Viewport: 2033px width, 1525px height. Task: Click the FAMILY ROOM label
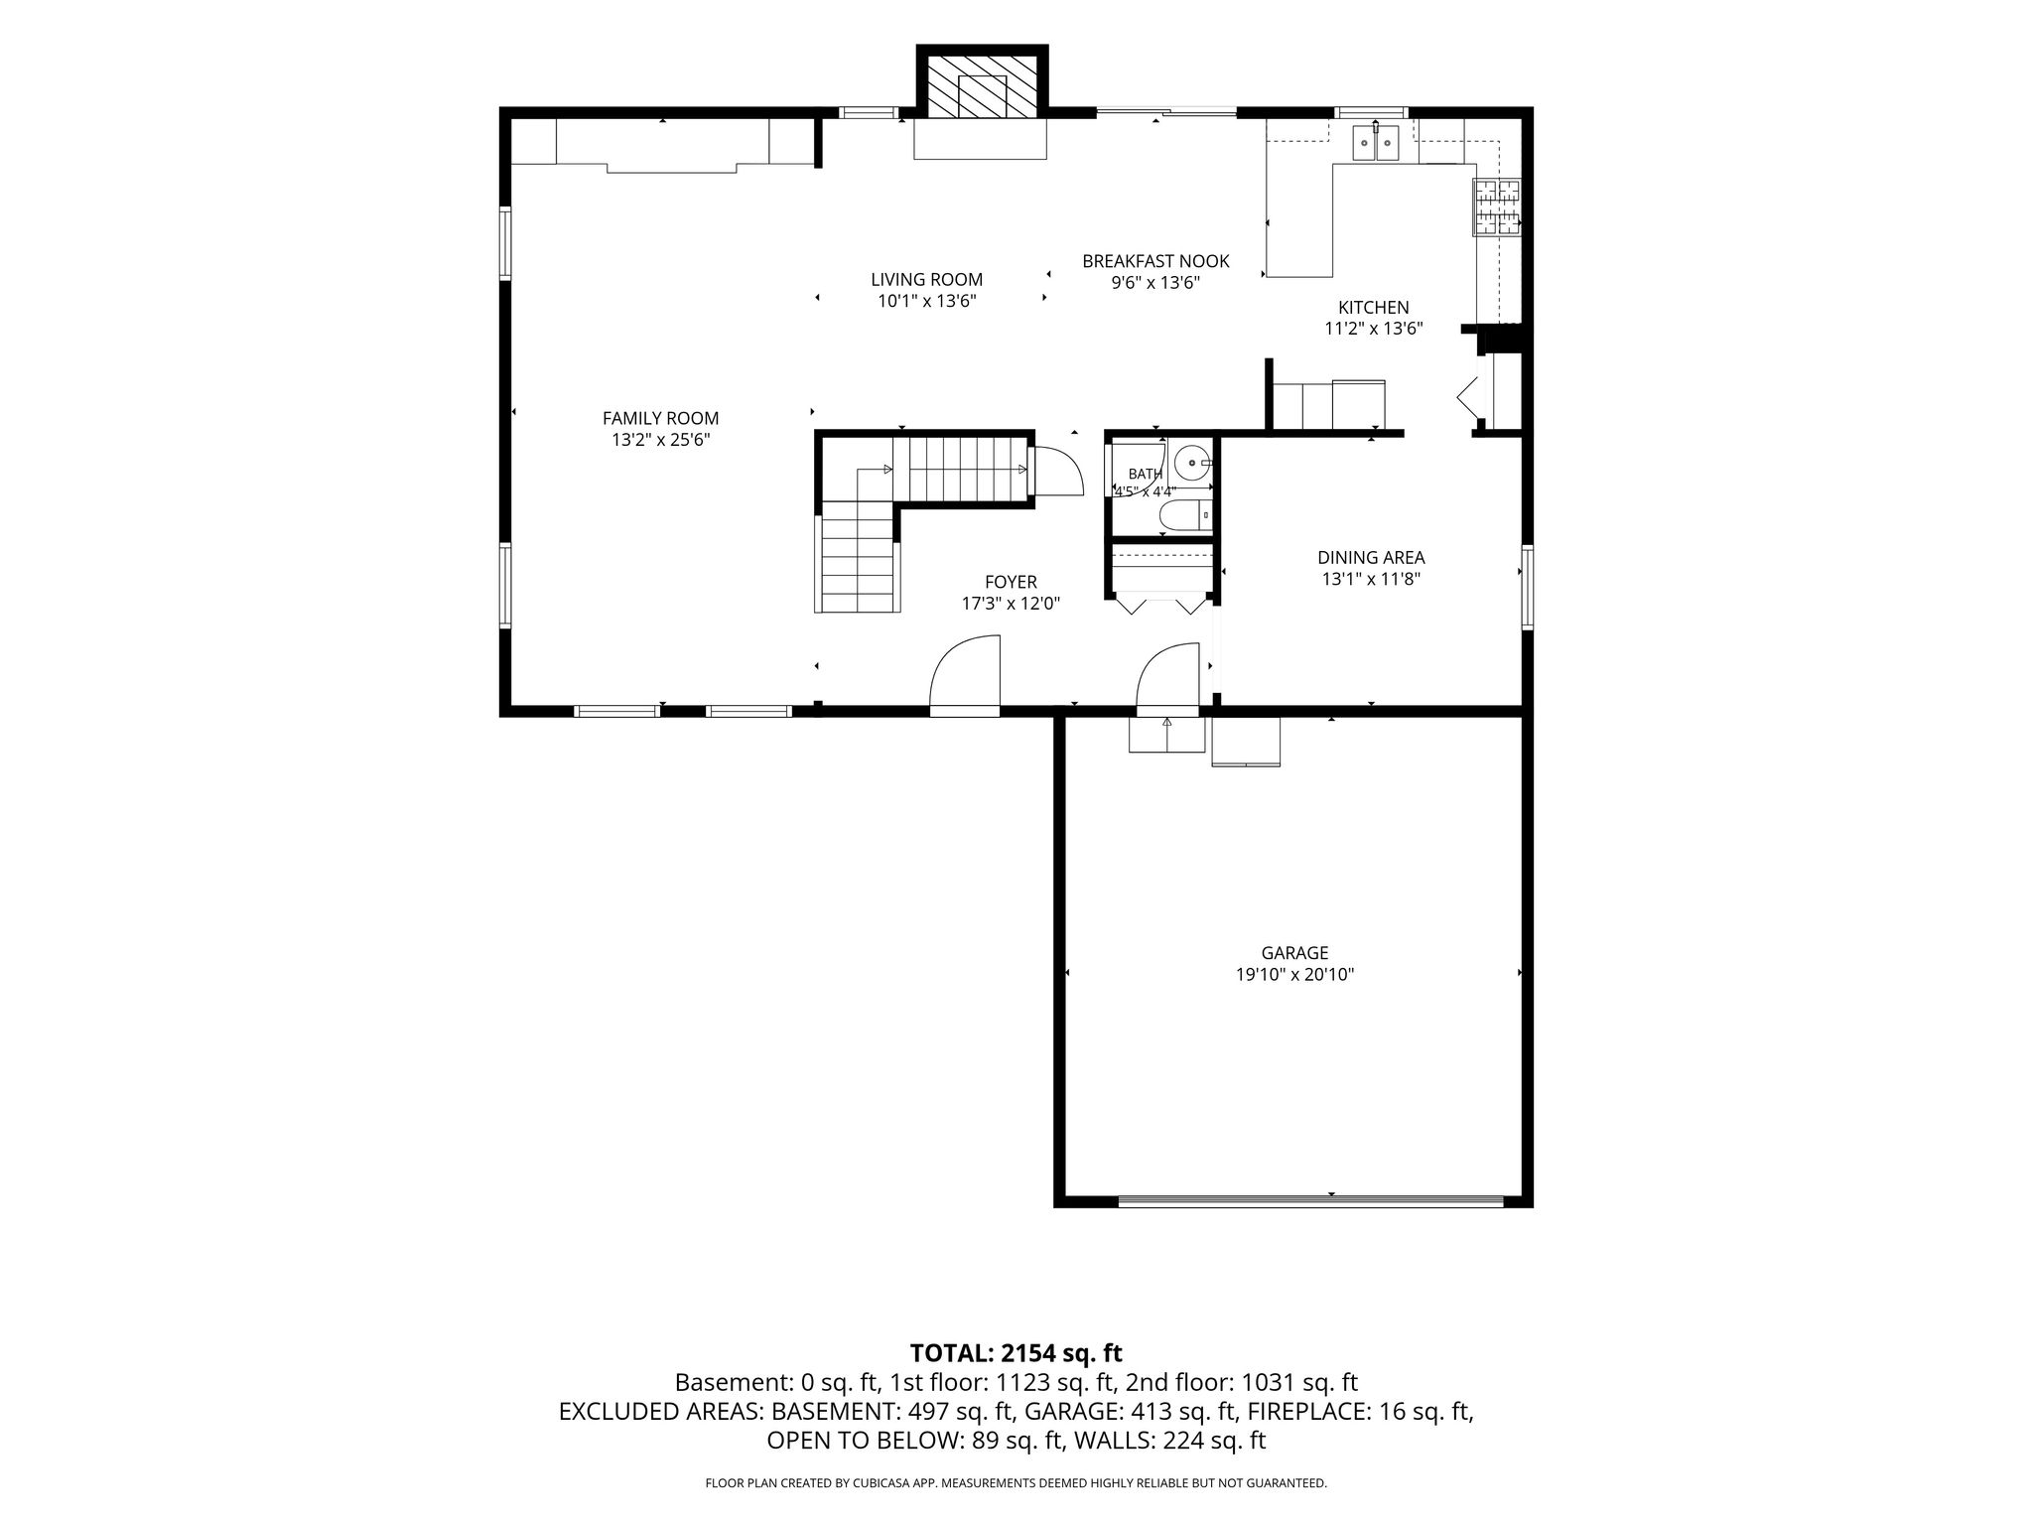tap(660, 419)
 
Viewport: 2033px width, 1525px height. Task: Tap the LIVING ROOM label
tap(927, 280)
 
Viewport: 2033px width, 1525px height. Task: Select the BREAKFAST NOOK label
tap(1155, 261)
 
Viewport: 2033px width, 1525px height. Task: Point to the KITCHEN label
tap(1373, 308)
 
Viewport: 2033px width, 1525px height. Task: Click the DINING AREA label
tap(1371, 558)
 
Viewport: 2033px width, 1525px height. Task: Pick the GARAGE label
tap(1294, 953)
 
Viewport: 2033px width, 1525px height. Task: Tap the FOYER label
tap(1011, 582)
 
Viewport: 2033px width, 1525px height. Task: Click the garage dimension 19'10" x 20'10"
tap(1294, 975)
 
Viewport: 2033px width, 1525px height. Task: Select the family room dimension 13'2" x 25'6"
tap(660, 440)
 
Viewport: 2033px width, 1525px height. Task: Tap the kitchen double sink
tap(1375, 144)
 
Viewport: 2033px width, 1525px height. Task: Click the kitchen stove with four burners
tap(1497, 208)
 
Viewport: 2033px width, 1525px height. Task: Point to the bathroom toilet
tap(1186, 516)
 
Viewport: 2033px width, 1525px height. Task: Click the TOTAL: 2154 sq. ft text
tap(1016, 1353)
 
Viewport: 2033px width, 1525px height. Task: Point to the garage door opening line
tap(1310, 1202)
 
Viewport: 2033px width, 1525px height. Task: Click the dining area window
tap(1528, 587)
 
